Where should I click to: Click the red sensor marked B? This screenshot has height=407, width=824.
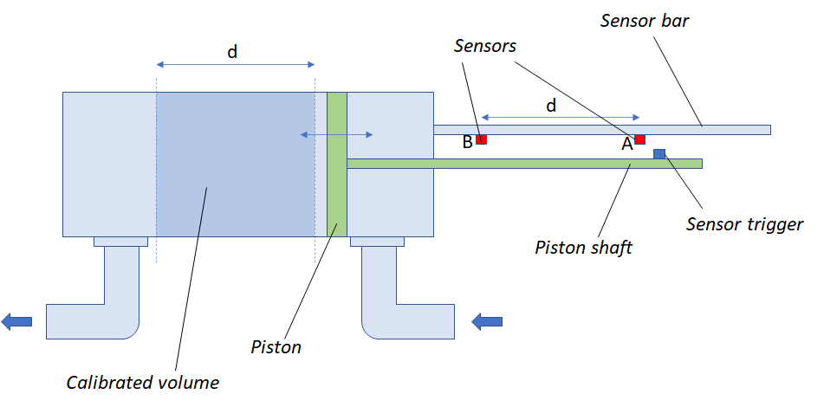click(481, 139)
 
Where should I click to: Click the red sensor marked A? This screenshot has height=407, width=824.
click(640, 139)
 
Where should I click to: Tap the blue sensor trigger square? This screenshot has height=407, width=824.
click(659, 154)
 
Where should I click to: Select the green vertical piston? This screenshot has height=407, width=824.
click(337, 164)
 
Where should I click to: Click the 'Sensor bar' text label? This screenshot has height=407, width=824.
click(645, 21)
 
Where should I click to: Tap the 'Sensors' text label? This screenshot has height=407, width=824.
click(484, 46)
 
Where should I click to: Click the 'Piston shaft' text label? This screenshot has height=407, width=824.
click(584, 248)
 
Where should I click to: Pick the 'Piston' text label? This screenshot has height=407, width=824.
click(276, 347)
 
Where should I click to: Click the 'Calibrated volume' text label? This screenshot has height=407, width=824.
click(143, 382)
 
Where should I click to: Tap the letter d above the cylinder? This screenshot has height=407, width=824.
click(232, 52)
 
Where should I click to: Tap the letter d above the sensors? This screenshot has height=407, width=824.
click(551, 106)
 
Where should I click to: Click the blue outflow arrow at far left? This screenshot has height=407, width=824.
click(16, 322)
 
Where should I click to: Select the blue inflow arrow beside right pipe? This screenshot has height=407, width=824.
click(487, 322)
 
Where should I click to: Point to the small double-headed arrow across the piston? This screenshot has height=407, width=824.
click(336, 134)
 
